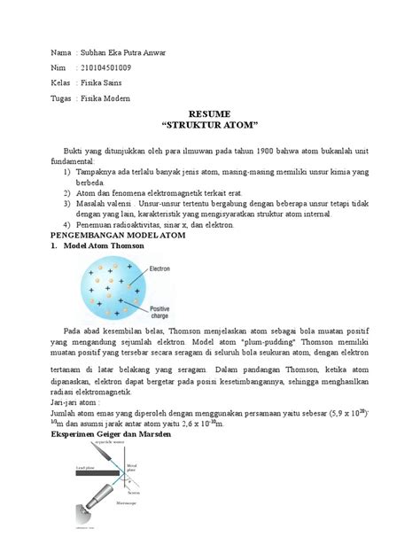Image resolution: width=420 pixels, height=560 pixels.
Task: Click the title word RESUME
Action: pos(208,115)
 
